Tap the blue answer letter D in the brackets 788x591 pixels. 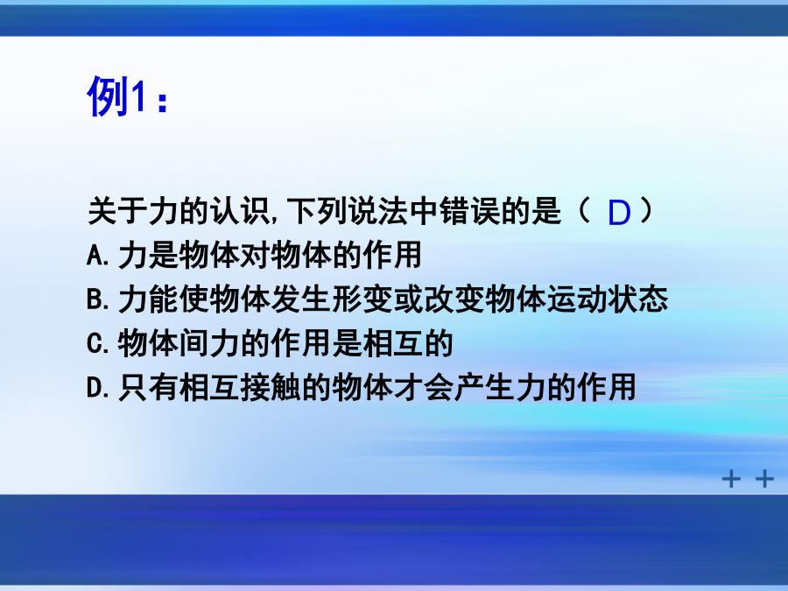(619, 213)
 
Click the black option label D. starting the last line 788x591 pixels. (97, 388)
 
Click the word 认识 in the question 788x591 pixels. (240, 210)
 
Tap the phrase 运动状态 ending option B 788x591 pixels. (607, 299)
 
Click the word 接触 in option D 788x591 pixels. (271, 388)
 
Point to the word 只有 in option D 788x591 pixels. (149, 388)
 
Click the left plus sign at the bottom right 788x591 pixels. (731, 478)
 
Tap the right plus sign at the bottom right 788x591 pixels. (764, 478)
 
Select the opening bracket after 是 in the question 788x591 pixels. (584, 210)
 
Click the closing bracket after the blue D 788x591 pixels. (647, 210)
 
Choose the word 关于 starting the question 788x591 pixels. (118, 210)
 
